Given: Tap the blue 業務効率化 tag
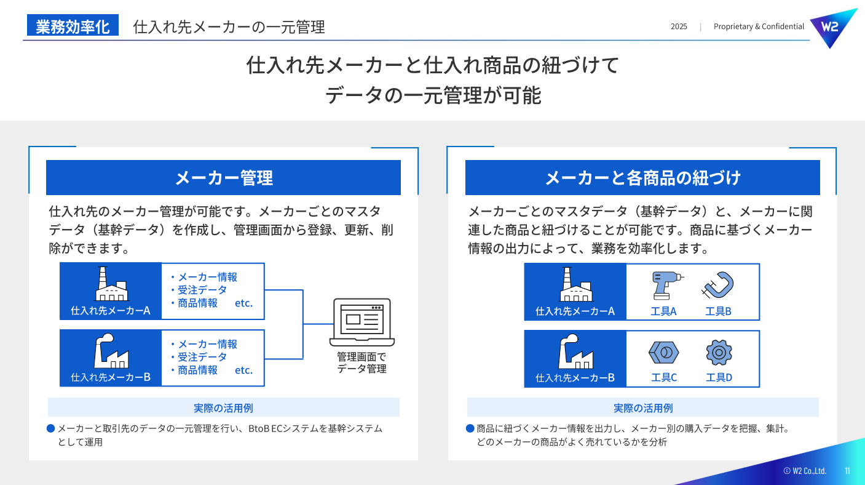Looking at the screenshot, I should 73,26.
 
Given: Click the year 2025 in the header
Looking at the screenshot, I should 679,26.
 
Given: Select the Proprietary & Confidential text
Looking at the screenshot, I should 759,26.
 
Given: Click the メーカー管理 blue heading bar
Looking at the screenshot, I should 223,178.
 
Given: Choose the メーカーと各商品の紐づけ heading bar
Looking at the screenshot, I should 642,178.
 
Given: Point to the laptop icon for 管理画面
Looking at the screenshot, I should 362,322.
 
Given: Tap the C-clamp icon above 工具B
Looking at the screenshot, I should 718,286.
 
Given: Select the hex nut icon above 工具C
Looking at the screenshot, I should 664,353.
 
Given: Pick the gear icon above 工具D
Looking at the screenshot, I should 719,353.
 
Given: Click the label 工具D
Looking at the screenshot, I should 719,377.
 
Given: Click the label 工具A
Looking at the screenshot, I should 663,311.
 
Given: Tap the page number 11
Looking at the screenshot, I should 847,471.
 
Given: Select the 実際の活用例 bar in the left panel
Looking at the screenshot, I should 223,407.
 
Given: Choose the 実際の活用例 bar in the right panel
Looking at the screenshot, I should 642,407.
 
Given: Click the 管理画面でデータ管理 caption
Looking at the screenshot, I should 361,363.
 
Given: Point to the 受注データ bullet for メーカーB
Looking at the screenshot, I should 202,357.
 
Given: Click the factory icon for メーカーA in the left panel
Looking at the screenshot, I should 111,285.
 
